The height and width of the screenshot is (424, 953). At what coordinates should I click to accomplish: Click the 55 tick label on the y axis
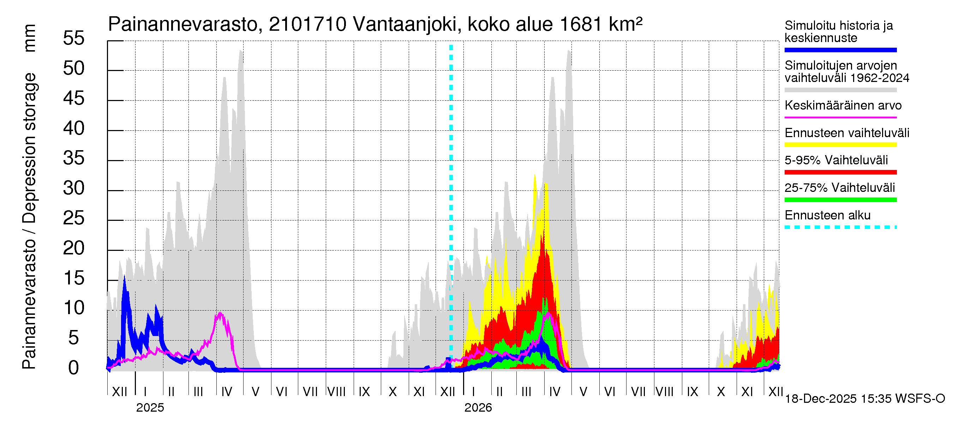[x=74, y=38]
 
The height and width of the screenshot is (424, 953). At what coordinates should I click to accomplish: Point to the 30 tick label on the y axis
[x=74, y=188]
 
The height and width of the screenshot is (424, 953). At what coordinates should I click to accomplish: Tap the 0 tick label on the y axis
[x=74, y=368]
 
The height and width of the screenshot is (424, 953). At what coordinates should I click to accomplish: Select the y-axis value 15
[x=74, y=278]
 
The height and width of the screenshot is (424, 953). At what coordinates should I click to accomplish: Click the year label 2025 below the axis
[x=150, y=408]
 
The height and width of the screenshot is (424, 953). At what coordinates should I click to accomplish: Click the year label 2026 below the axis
[x=478, y=408]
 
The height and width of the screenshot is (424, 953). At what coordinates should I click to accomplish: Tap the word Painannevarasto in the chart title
[x=183, y=24]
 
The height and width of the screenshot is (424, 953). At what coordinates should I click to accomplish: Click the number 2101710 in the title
[x=307, y=24]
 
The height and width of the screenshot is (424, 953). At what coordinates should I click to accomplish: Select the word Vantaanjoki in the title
[x=405, y=24]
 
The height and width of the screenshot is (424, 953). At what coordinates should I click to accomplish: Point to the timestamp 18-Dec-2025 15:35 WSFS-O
[x=864, y=399]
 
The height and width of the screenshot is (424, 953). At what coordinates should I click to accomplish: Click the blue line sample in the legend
[x=840, y=50]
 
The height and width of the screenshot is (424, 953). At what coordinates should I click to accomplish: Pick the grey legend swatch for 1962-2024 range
[x=840, y=90]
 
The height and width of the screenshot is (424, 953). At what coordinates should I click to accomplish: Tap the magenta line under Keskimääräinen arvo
[x=840, y=117]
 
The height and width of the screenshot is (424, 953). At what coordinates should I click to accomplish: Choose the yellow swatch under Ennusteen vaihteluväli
[x=840, y=145]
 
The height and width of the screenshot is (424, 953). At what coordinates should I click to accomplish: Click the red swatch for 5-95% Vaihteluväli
[x=840, y=172]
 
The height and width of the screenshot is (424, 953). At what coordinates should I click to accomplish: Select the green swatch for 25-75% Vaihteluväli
[x=840, y=200]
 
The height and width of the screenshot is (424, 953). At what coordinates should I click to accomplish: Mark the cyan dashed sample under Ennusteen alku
[x=840, y=227]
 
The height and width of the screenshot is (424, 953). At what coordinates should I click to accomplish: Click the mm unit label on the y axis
[x=30, y=38]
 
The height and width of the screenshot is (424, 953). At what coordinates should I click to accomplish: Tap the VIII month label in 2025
[x=336, y=392]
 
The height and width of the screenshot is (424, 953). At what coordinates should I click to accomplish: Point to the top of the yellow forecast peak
[x=535, y=175]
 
